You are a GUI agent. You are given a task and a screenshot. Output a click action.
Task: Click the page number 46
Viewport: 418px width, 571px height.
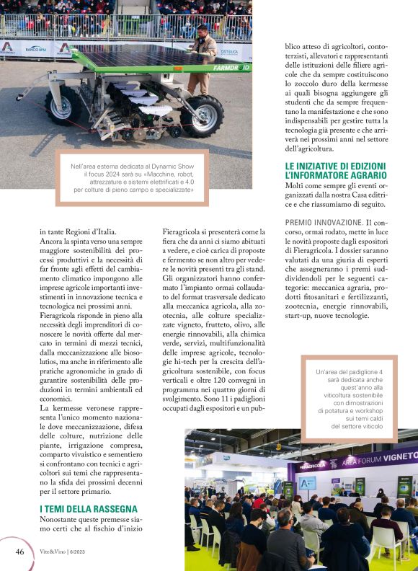point(19,552)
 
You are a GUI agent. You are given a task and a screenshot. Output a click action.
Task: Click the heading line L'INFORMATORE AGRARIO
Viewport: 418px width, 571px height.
point(336,175)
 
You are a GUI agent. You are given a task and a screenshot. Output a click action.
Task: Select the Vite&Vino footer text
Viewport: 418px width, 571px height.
point(68,552)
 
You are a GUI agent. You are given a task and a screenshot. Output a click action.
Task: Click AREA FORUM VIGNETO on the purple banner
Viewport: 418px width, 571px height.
point(378,459)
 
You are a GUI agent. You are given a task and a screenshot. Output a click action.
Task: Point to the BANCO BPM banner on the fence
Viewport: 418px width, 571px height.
point(36,49)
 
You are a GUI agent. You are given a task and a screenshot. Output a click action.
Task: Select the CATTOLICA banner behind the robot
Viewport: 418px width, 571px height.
point(230,53)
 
